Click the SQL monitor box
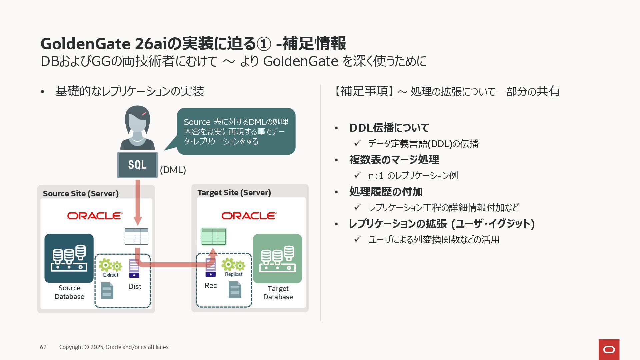click(137, 165)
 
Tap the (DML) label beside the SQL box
click(173, 170)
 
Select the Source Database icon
click(69, 258)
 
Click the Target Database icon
click(277, 259)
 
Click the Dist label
click(135, 287)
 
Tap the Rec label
click(211, 286)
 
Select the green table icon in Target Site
click(214, 237)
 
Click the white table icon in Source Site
click(136, 236)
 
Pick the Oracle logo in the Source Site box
click(95, 216)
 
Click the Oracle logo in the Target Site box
click(249, 216)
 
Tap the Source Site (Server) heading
click(81, 194)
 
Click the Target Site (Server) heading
click(234, 193)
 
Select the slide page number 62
click(43, 347)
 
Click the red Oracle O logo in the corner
click(609, 350)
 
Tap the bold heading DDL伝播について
click(389, 128)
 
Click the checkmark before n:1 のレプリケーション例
click(357, 175)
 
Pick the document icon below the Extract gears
click(107, 290)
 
